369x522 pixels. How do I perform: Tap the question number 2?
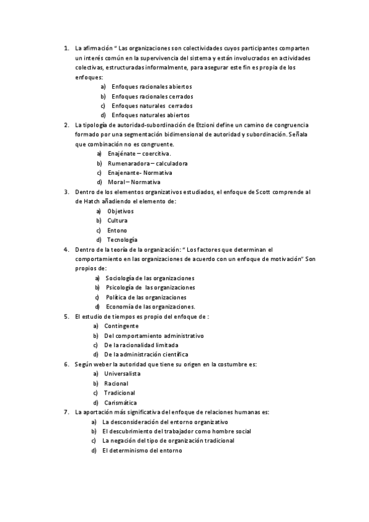tap(67, 125)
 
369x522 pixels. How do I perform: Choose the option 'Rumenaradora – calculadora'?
tap(147, 163)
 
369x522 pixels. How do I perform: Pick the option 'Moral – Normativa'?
tap(134, 182)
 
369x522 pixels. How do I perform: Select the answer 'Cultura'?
tap(118, 220)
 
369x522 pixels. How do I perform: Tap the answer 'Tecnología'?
tap(122, 239)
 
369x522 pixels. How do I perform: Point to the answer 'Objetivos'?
tap(120, 211)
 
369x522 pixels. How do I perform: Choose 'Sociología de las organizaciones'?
tap(150, 278)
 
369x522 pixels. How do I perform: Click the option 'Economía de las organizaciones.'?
tap(150, 307)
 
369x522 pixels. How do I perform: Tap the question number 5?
tap(67, 316)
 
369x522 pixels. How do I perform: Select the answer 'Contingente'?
tap(121, 326)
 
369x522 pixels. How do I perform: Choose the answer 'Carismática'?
tap(121, 403)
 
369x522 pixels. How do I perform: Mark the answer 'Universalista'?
tap(122, 374)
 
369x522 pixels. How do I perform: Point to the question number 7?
tap(67, 412)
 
